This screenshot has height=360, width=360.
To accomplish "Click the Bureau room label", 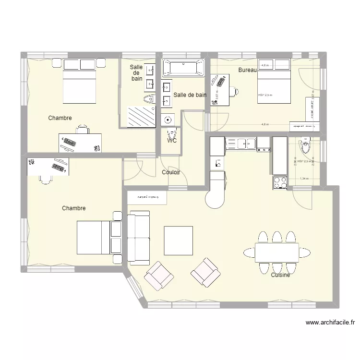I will pos(248,71).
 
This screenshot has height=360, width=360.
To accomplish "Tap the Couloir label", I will pos(171,172).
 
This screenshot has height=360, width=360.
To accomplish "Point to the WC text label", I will pos(172,141).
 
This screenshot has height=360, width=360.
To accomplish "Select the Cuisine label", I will pos(280,275).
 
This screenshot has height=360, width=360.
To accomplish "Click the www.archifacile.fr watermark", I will pos(330,323).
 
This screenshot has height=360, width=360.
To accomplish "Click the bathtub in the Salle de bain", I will pos(183,67).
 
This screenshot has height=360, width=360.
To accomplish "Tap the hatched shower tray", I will pos(141,116).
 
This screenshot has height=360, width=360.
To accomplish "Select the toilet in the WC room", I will pos(170,133).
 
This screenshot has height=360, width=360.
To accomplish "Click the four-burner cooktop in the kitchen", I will pos(280,182).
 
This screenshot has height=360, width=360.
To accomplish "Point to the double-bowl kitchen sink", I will pos(241,143).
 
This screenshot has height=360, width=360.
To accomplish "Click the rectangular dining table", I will pos(276,252).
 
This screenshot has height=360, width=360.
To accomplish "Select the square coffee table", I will pos(179,240).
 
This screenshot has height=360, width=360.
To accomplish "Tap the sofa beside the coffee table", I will pos(139,238).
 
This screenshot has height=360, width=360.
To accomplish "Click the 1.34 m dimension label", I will pos(304,179).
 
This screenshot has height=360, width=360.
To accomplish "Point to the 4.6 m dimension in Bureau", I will pos(264,124).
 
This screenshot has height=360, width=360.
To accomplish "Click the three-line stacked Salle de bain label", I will pos(137,72).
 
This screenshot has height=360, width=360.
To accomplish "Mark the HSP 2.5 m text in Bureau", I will pos(264,95).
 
